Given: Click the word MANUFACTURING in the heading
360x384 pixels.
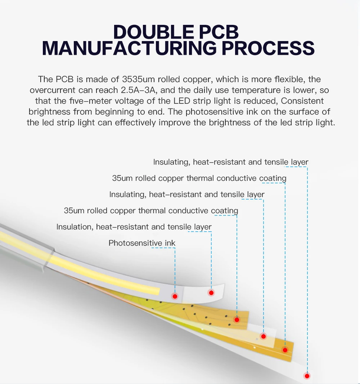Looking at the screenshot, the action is [x=129, y=48].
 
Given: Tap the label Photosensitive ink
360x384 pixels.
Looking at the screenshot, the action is [x=142, y=243].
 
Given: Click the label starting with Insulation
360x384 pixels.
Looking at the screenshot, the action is [x=134, y=227].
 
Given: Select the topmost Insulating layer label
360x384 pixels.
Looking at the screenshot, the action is [x=231, y=162].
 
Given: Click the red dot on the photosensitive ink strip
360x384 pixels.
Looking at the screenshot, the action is [x=175, y=296].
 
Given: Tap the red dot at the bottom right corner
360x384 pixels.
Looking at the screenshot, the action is [x=307, y=376].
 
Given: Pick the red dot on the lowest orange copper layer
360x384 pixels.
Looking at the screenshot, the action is [x=285, y=350].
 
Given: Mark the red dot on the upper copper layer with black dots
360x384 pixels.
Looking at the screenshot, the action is [x=237, y=320].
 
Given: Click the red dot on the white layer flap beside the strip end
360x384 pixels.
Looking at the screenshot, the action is [x=211, y=293].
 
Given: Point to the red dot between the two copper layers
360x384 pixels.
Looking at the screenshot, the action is [x=264, y=336].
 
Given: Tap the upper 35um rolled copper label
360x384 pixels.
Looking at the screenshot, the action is [x=199, y=178].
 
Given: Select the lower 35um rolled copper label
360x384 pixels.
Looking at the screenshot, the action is [x=151, y=211].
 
